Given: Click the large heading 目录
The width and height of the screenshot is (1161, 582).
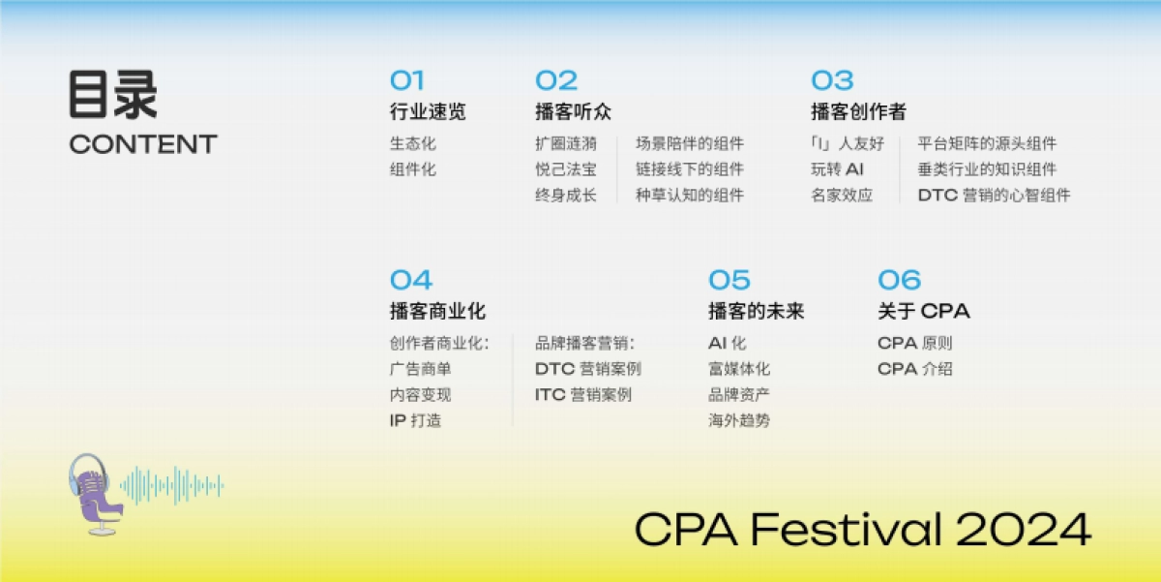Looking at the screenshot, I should (112, 95).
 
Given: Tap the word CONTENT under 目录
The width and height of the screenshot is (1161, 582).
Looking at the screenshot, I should (143, 144).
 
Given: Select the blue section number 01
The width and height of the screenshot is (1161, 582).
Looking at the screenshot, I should (406, 80).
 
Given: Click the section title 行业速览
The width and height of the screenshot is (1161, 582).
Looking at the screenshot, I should (428, 112).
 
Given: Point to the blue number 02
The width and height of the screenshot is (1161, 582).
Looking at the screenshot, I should (556, 80).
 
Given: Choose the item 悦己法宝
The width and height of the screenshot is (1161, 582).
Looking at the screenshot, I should (565, 169).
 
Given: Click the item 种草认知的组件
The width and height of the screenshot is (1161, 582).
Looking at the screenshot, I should (690, 196).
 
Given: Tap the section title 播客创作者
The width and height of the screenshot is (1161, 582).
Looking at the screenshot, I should (858, 112).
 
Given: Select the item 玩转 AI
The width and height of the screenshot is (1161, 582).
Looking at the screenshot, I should (837, 169).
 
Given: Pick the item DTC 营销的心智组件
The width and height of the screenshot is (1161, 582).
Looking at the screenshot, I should (994, 196).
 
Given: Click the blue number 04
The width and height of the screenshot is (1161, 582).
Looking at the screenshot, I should (410, 281).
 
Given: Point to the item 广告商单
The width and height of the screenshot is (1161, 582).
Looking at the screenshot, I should (420, 369).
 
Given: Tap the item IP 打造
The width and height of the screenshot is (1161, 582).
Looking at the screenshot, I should (415, 421).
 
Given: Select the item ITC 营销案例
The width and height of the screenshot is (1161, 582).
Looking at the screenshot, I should (582, 395).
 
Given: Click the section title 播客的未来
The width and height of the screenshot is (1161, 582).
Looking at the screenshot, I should (756, 312).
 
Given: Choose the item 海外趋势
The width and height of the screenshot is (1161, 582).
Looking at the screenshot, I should (739, 421).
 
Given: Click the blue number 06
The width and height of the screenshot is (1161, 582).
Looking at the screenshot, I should (899, 281).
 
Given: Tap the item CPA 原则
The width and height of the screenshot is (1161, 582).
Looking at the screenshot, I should (914, 344).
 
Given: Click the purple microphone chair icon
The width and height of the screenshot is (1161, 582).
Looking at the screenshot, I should (95, 493).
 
